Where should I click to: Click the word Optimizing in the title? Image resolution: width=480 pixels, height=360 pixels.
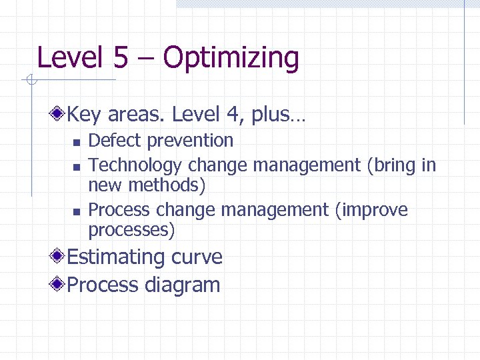point(231,58)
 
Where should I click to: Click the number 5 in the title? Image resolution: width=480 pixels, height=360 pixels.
point(120,57)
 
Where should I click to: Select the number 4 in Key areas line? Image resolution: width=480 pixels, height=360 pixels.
point(238,115)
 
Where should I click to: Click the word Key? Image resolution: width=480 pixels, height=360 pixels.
point(83,115)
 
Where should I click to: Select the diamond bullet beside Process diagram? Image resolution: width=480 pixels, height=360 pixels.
point(59,285)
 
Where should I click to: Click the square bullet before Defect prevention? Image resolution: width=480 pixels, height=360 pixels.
point(76,141)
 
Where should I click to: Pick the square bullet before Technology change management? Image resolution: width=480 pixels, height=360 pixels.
point(76,165)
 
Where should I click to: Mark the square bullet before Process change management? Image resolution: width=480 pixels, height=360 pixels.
point(76,211)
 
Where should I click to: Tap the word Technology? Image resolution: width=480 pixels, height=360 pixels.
point(135,165)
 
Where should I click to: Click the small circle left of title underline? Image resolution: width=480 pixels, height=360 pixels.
point(30,81)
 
